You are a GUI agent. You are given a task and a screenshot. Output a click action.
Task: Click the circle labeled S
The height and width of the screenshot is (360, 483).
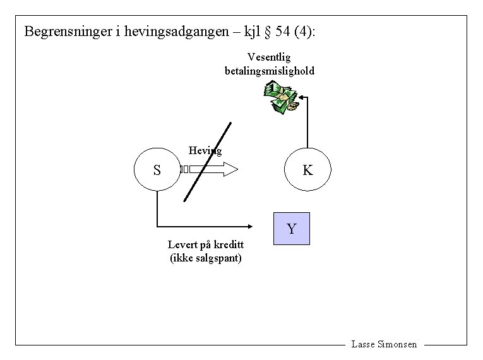[x=157, y=170]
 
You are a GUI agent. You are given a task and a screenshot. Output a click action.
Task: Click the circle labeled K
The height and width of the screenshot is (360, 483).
[x=307, y=170]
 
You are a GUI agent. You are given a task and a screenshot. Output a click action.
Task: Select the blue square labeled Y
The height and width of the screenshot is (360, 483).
[x=291, y=229]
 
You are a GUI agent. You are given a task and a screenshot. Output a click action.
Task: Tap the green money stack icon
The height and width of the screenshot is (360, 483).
[x=280, y=98]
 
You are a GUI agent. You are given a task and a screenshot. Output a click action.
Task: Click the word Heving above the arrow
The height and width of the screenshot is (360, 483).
[x=205, y=150]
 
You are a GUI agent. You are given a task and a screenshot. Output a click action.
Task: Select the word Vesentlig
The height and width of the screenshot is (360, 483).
[x=269, y=57]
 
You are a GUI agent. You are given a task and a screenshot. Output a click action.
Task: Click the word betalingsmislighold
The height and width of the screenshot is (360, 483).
[x=270, y=71]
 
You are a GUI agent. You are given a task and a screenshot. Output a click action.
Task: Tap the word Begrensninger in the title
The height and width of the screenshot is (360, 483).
[x=68, y=31]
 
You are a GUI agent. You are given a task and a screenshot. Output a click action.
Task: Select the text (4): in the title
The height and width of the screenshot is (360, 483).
[x=305, y=31]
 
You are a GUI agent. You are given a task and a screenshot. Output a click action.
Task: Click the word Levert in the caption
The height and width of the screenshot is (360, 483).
[x=183, y=245]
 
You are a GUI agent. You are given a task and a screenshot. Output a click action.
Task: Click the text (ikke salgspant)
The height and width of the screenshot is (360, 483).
[x=206, y=258]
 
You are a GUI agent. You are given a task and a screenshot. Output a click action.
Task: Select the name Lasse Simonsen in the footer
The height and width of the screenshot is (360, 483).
[x=384, y=344]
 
